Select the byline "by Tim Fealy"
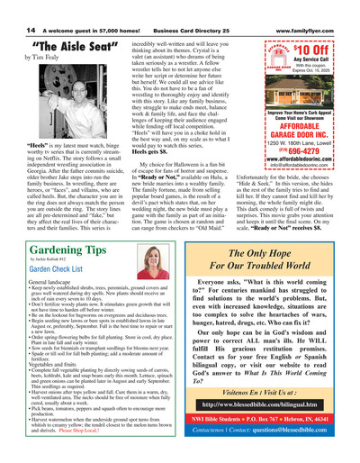32,59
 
